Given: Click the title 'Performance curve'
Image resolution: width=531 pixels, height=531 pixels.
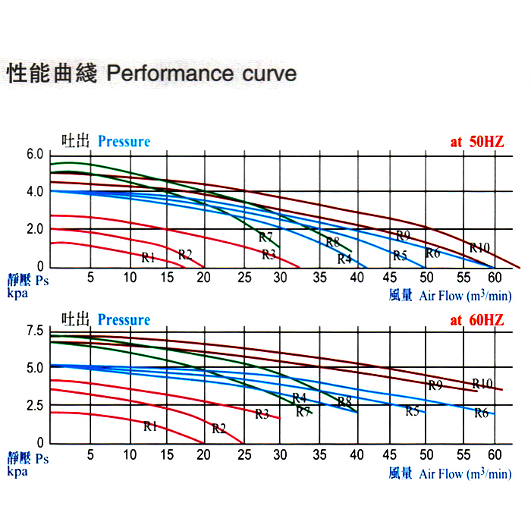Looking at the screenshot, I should (202, 74).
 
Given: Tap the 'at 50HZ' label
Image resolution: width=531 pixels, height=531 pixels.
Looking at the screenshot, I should (478, 142).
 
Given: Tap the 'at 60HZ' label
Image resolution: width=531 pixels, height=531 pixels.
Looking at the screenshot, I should (477, 320).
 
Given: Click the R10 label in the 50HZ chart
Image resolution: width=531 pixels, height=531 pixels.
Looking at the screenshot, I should (479, 247).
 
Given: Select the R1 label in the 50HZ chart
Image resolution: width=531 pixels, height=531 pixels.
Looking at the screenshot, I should (148, 257).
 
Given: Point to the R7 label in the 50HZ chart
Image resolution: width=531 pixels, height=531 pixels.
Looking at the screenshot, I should (265, 237).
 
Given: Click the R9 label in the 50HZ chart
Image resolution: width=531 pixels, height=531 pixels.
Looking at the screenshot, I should (404, 235).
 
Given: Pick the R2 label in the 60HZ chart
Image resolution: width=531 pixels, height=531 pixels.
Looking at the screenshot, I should (219, 429).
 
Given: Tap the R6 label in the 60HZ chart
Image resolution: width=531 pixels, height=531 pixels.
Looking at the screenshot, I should (481, 413).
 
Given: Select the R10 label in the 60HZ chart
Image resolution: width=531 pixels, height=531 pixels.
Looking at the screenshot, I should (482, 383).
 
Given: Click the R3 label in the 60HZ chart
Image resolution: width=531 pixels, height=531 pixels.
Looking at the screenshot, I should (262, 413).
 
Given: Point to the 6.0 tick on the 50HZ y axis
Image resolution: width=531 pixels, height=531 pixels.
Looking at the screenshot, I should (36, 154).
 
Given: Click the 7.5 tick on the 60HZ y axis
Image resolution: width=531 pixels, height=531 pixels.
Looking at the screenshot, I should (36, 331).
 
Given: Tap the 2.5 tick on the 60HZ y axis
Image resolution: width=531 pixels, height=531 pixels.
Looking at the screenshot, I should (36, 406).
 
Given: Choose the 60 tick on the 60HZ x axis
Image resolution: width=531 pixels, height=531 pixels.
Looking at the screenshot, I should (495, 454).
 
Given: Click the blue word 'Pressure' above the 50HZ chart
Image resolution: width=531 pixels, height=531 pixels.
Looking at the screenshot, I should (124, 142).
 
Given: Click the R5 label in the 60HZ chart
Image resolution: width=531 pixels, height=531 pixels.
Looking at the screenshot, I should (412, 411).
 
